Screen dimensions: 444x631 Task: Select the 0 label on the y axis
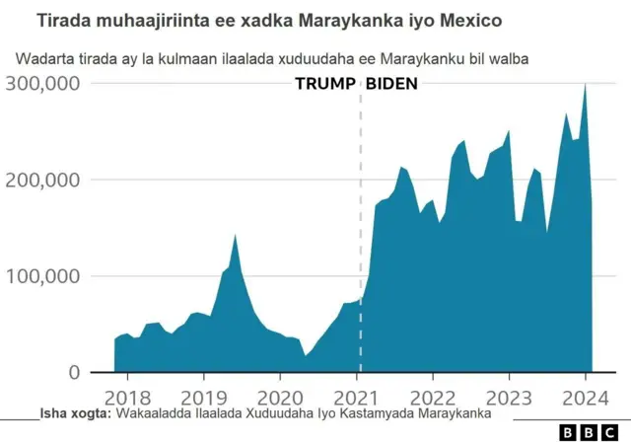(x=72, y=372)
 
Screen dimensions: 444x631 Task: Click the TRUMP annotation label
(x=323, y=84)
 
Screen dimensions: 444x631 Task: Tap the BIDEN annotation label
(x=391, y=84)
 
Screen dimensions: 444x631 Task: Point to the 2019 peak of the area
(x=235, y=236)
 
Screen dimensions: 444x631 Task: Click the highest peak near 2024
(x=586, y=85)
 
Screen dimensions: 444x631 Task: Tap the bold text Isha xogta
(x=76, y=414)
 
